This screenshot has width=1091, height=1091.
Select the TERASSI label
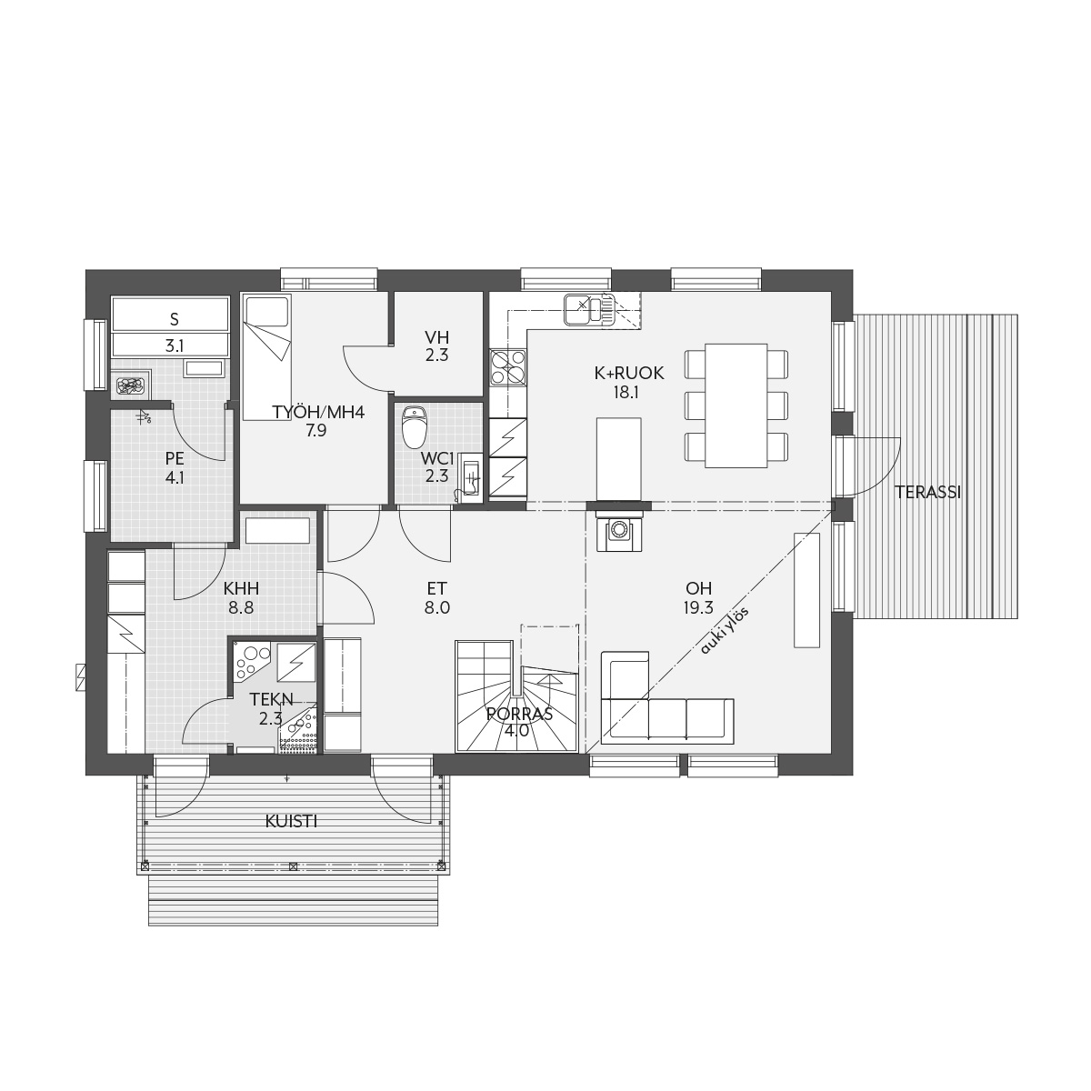927,493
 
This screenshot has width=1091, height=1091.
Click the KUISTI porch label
291,822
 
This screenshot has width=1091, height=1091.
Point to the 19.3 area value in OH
698,608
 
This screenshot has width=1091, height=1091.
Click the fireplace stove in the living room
619,530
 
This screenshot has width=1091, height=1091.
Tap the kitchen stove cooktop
508,367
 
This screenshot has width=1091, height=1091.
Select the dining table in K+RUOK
736,405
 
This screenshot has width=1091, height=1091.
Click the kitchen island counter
619,459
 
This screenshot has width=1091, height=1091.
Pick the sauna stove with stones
132,386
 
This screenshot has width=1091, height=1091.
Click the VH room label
437,337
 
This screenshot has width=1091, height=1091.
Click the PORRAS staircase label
519,714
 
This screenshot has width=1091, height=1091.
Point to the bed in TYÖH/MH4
266,356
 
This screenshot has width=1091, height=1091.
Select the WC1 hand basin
470,476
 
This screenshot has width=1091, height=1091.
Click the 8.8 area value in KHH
241,608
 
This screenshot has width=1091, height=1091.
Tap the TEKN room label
272,700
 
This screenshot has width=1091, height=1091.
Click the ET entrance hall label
437,589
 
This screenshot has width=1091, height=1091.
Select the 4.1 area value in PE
175,478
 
